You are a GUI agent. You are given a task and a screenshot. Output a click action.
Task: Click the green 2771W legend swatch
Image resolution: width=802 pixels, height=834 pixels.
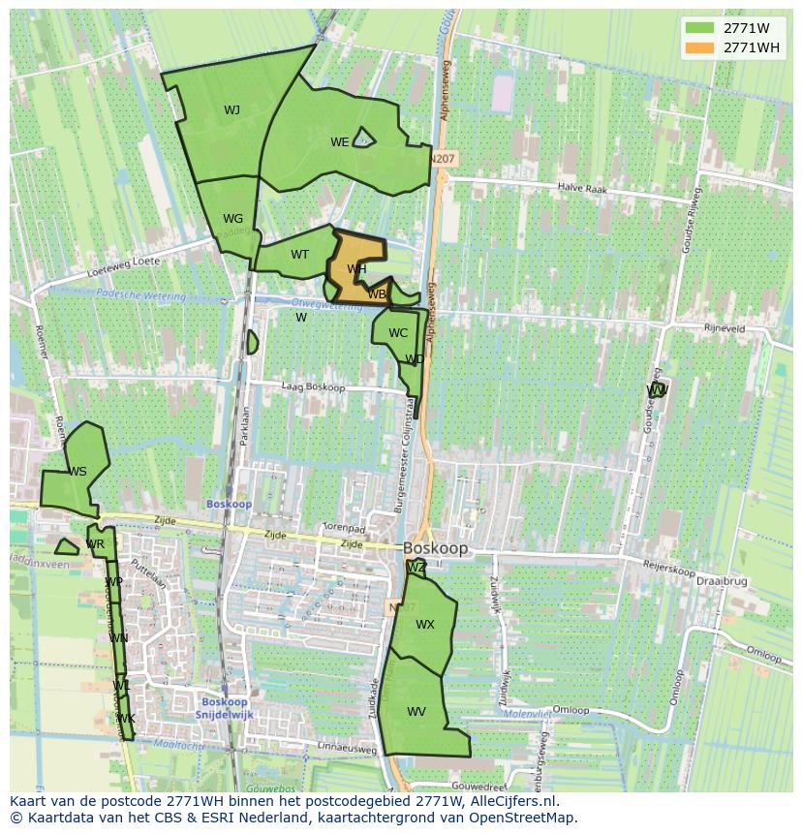tap(699, 28)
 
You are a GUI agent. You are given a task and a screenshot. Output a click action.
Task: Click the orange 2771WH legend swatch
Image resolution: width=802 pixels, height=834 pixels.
tap(699, 47)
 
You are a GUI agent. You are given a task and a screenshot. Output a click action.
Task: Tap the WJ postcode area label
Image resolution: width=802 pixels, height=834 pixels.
tap(231, 110)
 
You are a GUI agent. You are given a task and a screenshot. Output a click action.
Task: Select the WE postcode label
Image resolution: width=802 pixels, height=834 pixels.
tap(339, 142)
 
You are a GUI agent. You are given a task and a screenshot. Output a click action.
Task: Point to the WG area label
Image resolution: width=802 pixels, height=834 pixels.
tap(232, 219)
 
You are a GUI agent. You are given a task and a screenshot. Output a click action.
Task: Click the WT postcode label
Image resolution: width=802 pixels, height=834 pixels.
tap(299, 255)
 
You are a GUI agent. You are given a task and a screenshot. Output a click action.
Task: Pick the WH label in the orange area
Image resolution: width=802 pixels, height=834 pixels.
tap(356, 269)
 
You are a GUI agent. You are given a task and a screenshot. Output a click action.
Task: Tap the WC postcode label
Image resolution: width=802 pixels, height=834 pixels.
tap(397, 333)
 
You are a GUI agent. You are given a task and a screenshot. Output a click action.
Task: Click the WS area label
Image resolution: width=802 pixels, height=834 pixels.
tap(77, 472)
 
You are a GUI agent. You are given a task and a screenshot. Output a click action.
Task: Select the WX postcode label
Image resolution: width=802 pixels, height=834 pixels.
tap(424, 625)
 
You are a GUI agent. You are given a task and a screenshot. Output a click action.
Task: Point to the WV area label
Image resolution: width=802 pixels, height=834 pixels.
tap(416, 712)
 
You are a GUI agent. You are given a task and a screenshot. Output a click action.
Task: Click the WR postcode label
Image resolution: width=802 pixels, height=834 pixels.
tap(95, 544)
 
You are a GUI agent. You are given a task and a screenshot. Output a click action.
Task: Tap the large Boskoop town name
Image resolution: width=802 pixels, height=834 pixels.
tap(436, 548)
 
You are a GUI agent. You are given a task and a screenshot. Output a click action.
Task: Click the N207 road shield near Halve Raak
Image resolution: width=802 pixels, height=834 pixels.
tap(444, 159)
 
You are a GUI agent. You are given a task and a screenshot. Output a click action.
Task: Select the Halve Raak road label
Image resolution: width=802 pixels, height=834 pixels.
tap(583, 190)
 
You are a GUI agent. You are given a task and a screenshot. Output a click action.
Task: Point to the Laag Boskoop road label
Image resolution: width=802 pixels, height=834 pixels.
tap(313, 387)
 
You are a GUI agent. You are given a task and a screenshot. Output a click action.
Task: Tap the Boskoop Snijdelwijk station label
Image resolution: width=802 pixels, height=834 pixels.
tap(225, 708)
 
